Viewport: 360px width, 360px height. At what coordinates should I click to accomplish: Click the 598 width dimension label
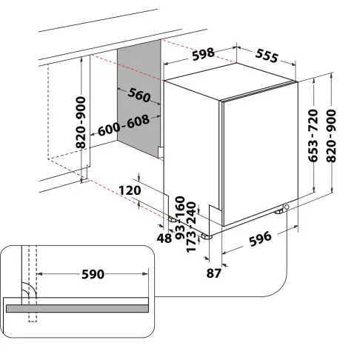(203, 54)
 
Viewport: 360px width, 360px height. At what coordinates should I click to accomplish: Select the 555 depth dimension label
(267, 56)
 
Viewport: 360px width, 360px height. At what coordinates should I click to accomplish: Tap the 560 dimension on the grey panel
(139, 94)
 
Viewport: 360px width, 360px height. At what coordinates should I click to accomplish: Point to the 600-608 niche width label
(124, 125)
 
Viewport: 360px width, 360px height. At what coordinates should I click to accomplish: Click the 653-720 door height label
(313, 136)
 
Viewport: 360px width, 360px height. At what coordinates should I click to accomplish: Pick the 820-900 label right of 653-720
(331, 136)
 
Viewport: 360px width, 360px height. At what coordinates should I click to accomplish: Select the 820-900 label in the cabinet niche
(81, 122)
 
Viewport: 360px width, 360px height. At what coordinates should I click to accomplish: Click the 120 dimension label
(130, 190)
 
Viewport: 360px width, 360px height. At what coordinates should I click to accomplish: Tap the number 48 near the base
(164, 239)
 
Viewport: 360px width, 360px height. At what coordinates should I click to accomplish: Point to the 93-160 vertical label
(180, 218)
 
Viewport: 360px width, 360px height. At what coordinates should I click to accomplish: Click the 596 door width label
(260, 239)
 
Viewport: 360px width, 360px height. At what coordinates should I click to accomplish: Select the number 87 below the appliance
(213, 273)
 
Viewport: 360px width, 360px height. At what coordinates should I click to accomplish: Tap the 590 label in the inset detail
(93, 274)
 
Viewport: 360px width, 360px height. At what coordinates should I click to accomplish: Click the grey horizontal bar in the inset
(77, 308)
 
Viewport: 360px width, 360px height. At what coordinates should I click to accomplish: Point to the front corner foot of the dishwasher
(207, 236)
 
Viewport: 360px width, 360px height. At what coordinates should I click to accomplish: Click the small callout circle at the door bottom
(287, 207)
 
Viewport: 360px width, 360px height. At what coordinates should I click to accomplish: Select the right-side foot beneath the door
(279, 211)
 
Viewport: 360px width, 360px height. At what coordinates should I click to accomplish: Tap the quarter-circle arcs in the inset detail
(29, 290)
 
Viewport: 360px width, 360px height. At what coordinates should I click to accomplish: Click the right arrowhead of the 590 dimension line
(145, 273)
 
